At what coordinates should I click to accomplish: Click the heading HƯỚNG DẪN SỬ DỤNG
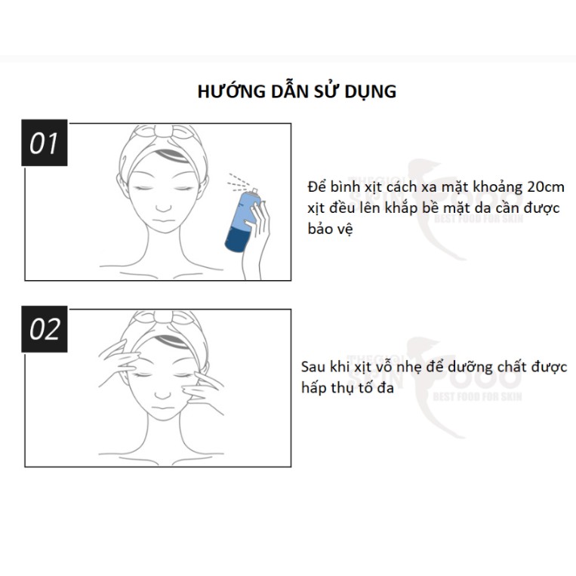click(x=296, y=91)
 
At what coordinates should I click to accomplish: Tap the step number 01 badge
click(x=44, y=143)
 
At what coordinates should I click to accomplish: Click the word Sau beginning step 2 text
click(x=312, y=367)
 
